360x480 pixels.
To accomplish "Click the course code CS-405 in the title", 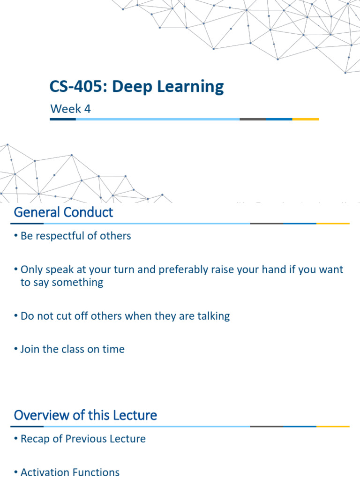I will [70, 87].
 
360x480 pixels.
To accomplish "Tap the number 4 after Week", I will [87, 109].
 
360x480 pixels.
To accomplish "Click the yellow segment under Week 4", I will [305, 120].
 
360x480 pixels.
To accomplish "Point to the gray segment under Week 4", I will [253, 120].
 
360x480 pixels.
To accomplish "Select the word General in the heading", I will [37, 212].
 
